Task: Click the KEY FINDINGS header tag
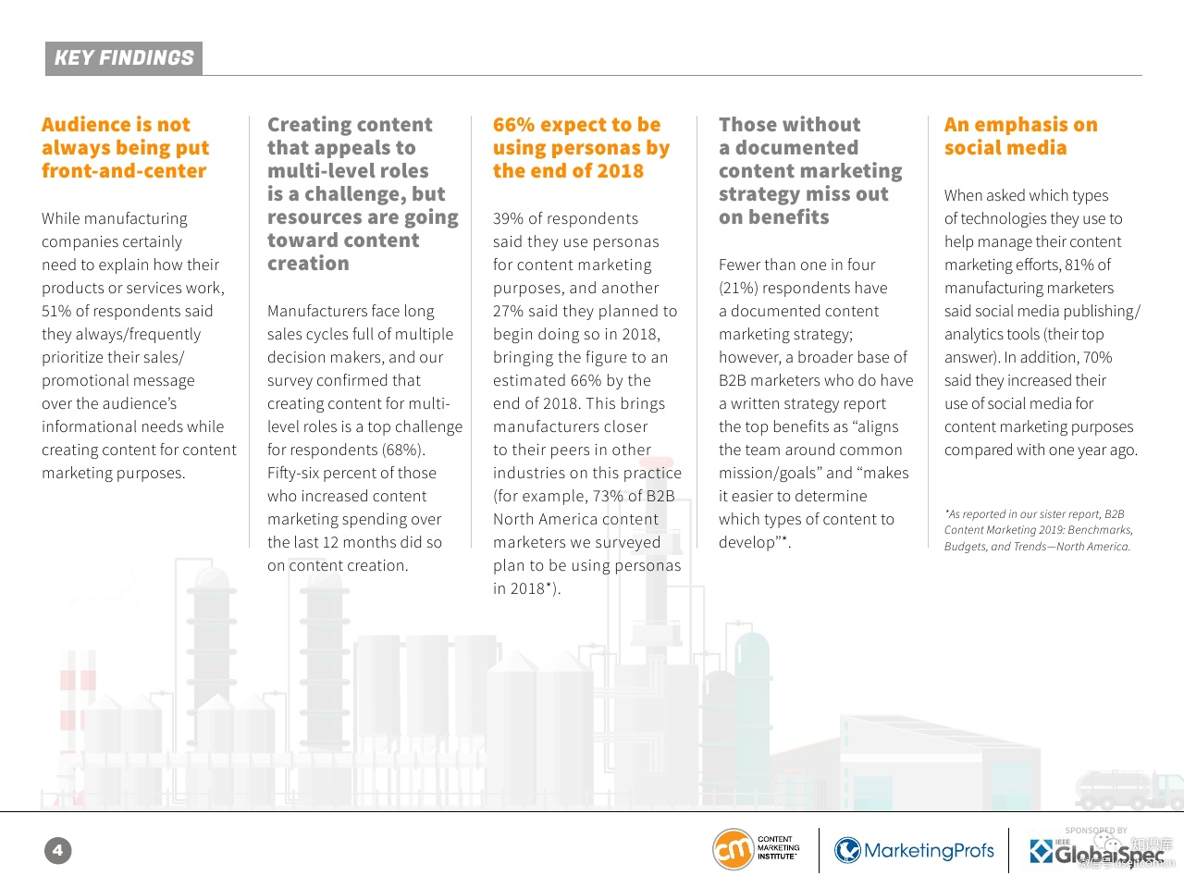[124, 58]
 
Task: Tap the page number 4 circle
[57, 850]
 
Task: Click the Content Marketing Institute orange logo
[733, 849]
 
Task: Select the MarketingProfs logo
[914, 850]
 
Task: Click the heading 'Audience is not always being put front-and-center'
[125, 148]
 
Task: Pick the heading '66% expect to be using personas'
[581, 148]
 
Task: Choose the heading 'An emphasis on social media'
[1020, 136]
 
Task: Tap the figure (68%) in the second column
[402, 450]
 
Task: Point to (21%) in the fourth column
[738, 288]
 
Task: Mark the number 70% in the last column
[1097, 357]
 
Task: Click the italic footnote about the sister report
[1038, 530]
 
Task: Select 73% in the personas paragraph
[608, 496]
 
